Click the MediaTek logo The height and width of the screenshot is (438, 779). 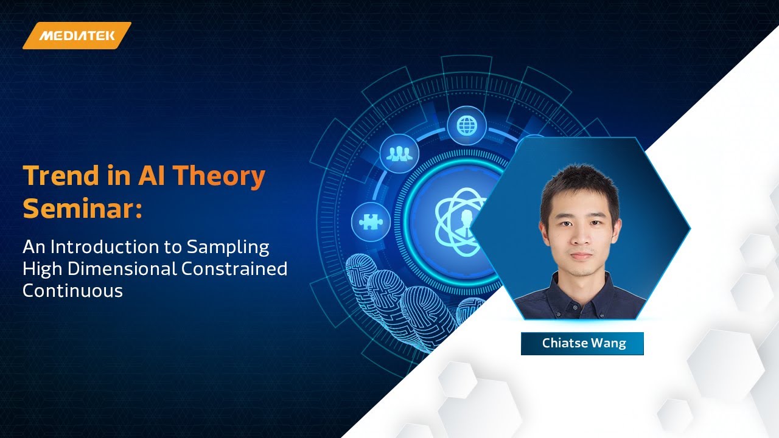click(x=77, y=35)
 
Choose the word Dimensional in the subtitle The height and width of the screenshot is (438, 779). click(x=111, y=268)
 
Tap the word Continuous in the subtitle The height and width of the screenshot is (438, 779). click(x=72, y=290)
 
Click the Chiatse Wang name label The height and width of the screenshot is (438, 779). click(x=582, y=343)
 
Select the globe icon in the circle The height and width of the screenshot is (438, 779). click(x=467, y=125)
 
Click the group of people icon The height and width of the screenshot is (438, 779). click(x=399, y=154)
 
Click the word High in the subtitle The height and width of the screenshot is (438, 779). click(x=43, y=268)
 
